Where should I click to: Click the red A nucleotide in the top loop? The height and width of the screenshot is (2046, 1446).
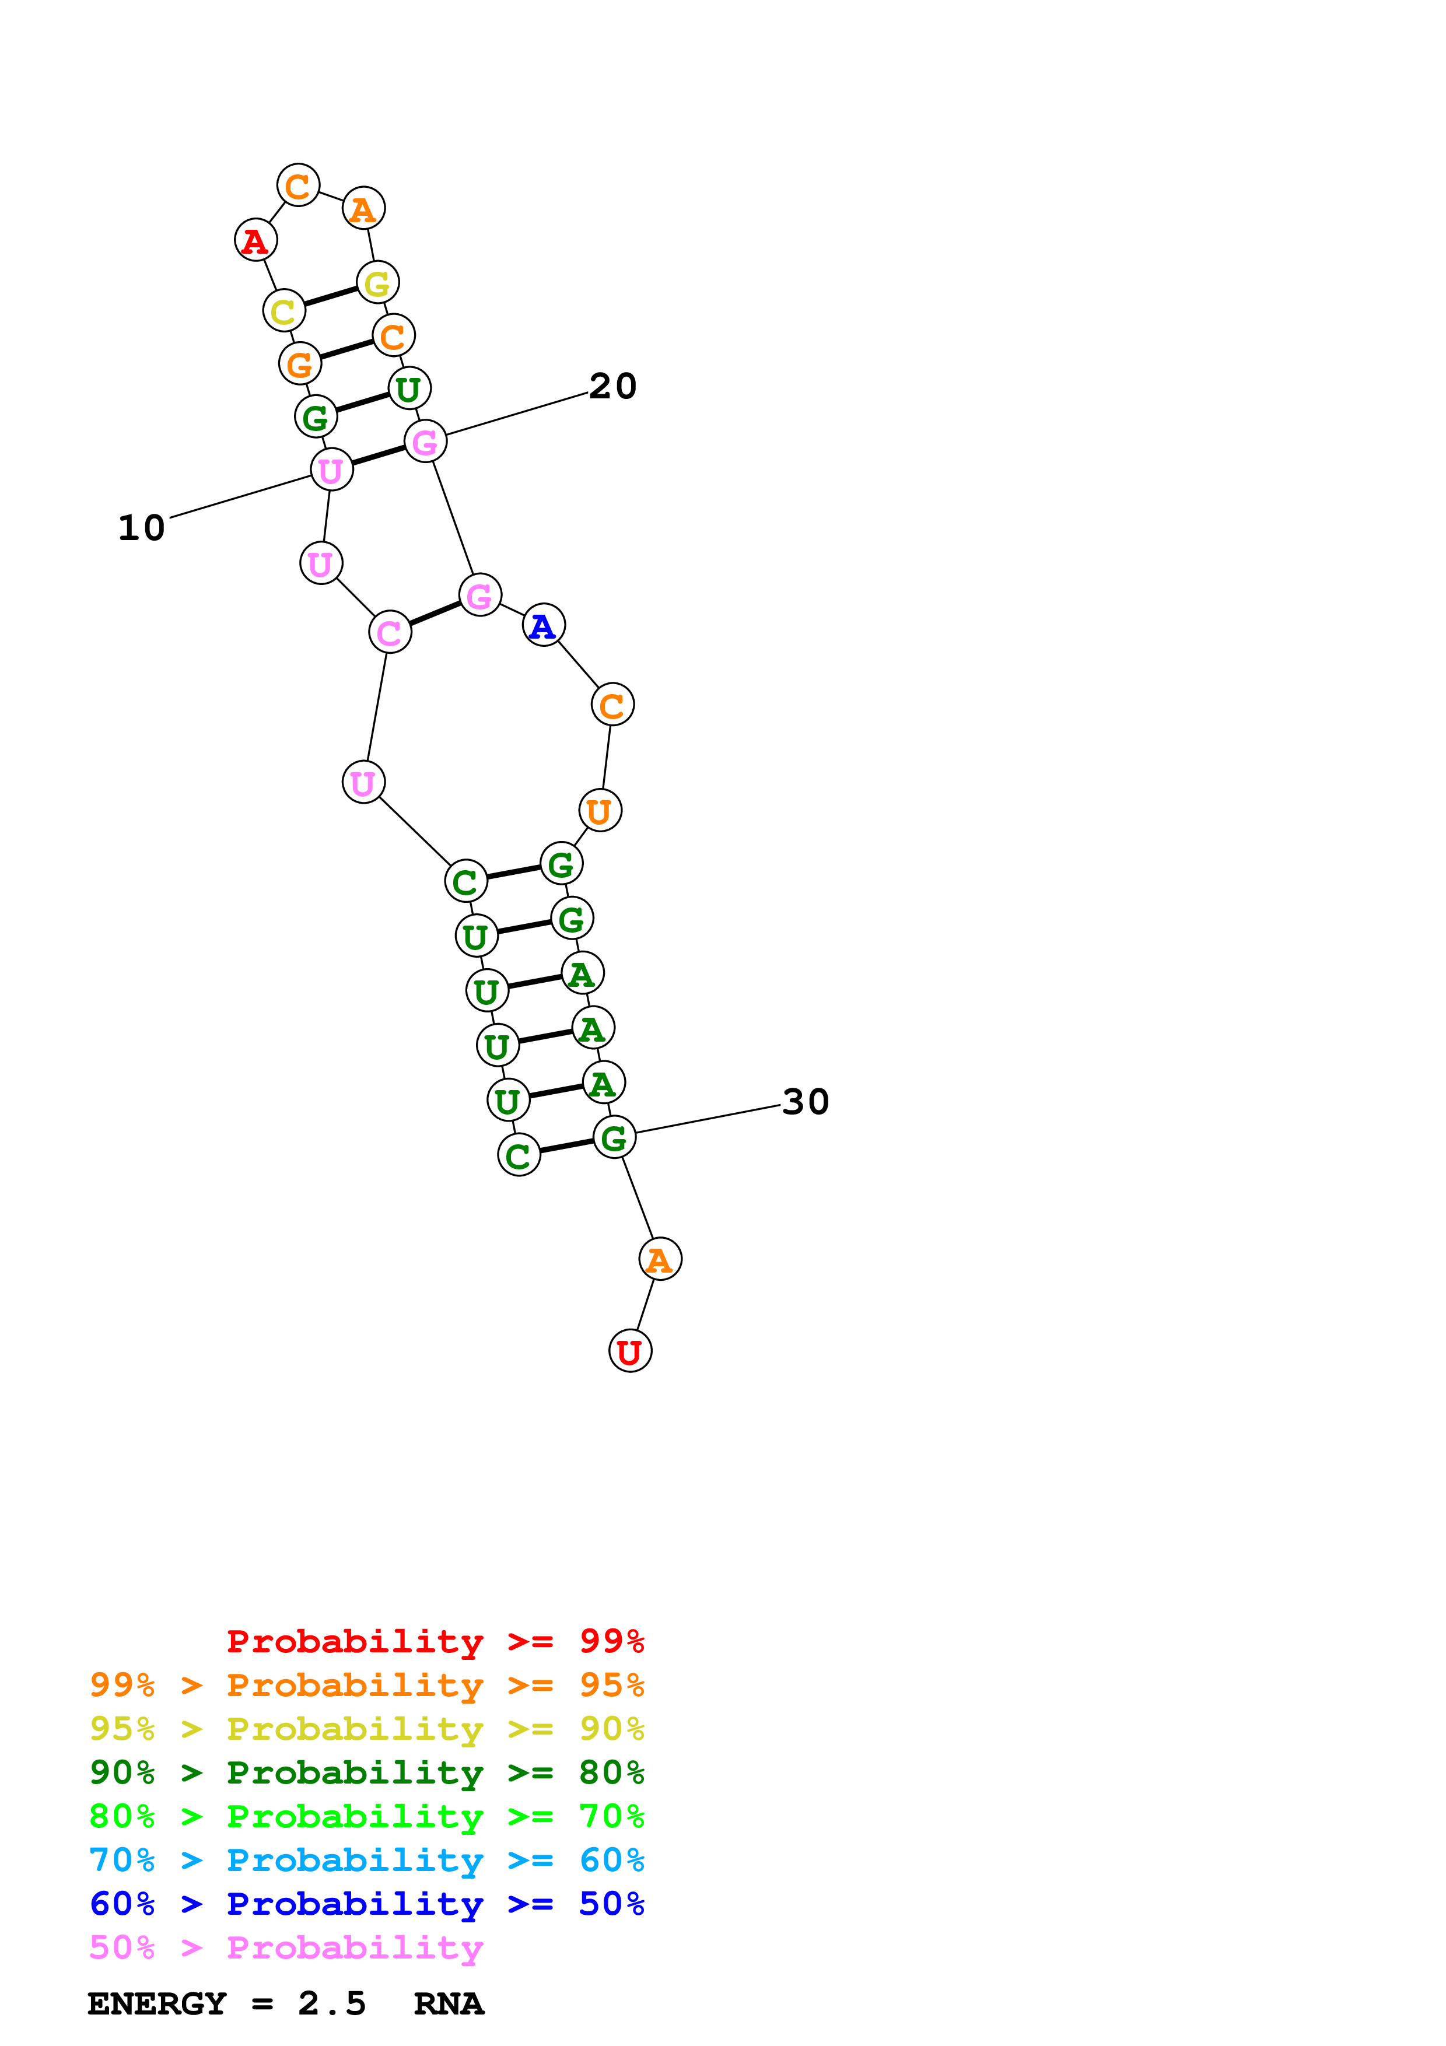pyautogui.click(x=255, y=241)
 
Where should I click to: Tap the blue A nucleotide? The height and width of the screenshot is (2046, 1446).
pyautogui.click(x=542, y=626)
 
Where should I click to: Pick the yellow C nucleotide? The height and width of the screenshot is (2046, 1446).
pyautogui.click(x=283, y=311)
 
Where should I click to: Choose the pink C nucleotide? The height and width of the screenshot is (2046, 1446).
pyautogui.click(x=389, y=633)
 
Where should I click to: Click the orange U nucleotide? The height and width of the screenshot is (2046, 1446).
pyautogui.click(x=600, y=811)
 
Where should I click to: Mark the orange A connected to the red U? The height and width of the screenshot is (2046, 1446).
pyautogui.click(x=659, y=1259)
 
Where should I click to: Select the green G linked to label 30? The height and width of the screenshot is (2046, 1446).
pyautogui.click(x=614, y=1137)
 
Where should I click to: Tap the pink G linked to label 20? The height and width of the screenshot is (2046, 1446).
pyautogui.click(x=425, y=442)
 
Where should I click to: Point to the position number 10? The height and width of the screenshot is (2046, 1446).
pyautogui.click(x=142, y=528)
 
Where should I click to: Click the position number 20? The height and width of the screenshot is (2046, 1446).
pyautogui.click(x=613, y=386)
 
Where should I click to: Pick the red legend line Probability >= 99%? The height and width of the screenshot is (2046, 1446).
pyautogui.click(x=435, y=1641)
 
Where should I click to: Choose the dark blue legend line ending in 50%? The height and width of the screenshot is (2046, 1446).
pyautogui.click(x=366, y=1904)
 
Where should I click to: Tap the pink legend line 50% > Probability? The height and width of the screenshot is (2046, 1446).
pyautogui.click(x=286, y=1948)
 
